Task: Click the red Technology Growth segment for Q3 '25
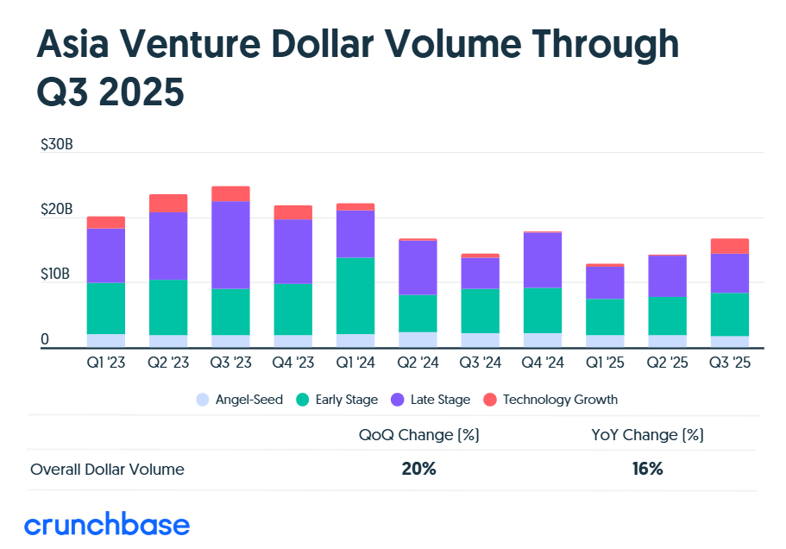click(x=729, y=246)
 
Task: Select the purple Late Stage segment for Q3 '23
click(x=230, y=245)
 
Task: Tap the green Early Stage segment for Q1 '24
click(x=355, y=295)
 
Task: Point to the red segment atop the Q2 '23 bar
click(x=168, y=203)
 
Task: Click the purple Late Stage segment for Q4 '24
click(x=542, y=260)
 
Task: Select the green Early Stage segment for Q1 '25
click(x=605, y=316)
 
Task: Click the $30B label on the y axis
click(x=57, y=145)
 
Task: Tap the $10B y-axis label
click(x=57, y=274)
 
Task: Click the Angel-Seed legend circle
click(x=202, y=400)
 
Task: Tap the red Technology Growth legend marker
click(x=490, y=400)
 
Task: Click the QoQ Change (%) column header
click(x=418, y=435)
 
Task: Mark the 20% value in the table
click(x=418, y=470)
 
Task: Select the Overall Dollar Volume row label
click(x=107, y=470)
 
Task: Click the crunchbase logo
click(x=107, y=524)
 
